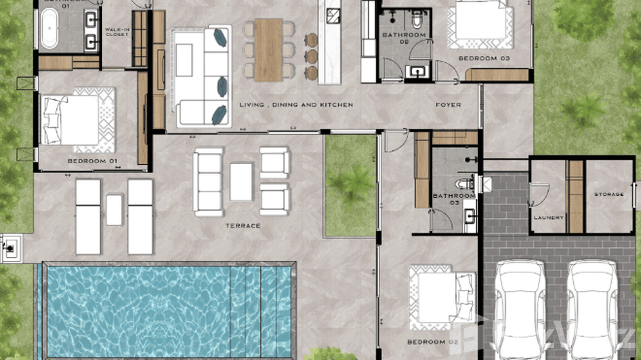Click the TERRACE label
click(243, 225)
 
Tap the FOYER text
click(448, 105)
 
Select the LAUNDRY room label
click(548, 217)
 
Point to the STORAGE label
click(609, 194)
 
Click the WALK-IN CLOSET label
click(117, 32)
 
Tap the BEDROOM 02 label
click(433, 342)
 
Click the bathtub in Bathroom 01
click(49, 29)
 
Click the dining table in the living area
click(268, 49)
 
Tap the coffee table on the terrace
click(241, 181)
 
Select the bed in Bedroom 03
click(480, 21)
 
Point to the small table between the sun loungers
click(114, 210)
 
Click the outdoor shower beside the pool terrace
click(9, 248)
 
